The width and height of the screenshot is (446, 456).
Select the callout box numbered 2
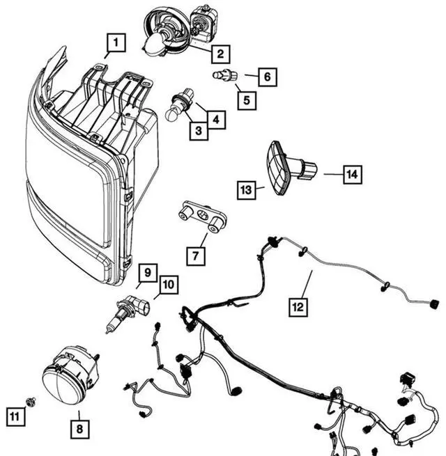coord(220,54)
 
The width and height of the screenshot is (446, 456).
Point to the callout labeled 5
coord(245,100)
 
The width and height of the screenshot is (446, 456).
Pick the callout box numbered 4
coord(218,120)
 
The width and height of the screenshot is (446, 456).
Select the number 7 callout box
coord(196,255)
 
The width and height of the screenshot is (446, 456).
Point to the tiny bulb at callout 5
coord(225,74)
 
